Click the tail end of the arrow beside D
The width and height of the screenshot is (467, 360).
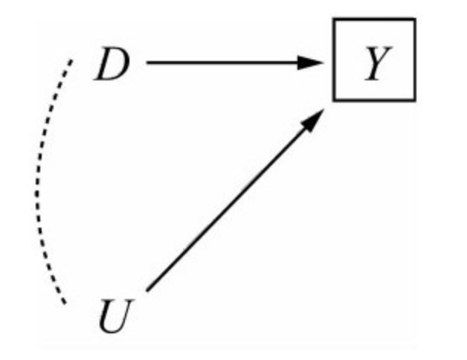(149, 63)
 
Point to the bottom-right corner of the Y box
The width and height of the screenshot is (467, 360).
(414, 99)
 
